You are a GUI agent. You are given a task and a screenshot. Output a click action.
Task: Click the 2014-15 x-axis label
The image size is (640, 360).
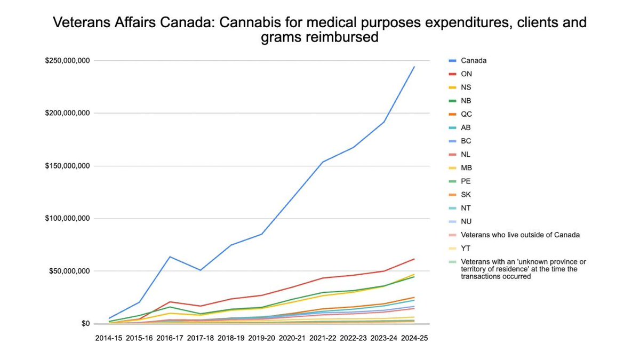(x=109, y=338)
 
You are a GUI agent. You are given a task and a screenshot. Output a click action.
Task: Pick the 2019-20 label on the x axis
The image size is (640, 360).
(x=261, y=338)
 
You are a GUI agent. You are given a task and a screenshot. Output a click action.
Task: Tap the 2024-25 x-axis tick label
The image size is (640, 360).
(x=414, y=338)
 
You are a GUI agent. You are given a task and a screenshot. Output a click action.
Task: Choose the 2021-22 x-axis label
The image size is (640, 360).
(x=323, y=338)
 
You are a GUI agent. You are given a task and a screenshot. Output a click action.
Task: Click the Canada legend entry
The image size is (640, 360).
(x=474, y=60)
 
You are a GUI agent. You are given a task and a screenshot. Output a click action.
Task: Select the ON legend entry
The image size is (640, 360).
(x=467, y=74)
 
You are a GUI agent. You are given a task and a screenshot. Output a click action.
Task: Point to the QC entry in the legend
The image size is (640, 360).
(x=467, y=114)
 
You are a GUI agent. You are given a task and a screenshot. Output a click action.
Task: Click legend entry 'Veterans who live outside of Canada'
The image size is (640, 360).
(x=520, y=235)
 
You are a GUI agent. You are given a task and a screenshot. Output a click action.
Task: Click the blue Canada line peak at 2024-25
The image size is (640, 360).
(x=414, y=67)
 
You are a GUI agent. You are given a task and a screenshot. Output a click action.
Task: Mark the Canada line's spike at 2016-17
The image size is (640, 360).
(x=170, y=257)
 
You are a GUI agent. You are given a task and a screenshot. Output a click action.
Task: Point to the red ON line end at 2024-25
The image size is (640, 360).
(x=414, y=259)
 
